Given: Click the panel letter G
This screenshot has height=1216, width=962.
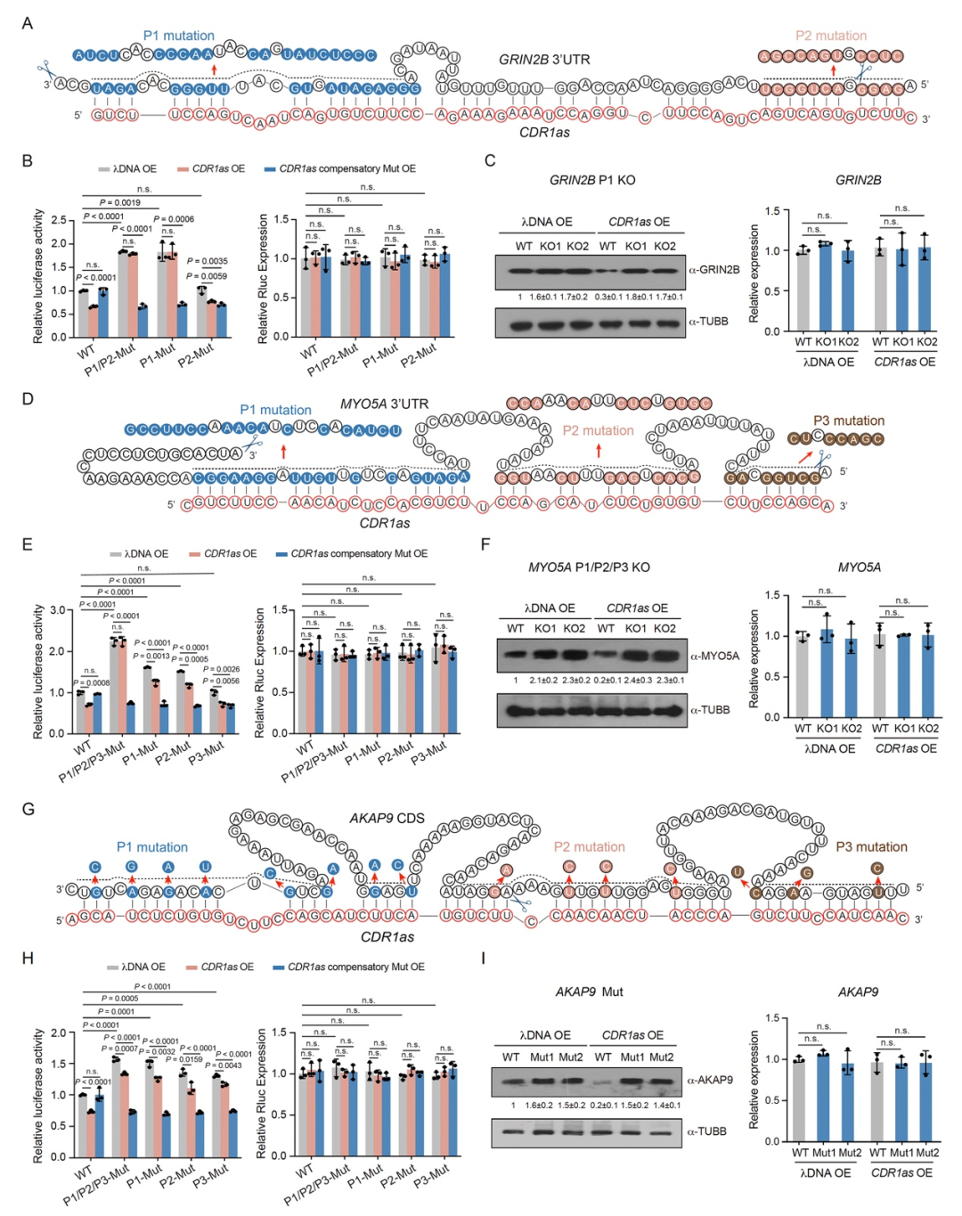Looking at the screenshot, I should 28,809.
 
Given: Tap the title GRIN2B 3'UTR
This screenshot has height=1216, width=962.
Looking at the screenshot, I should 543,60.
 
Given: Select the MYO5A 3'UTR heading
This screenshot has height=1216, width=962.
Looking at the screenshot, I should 384,404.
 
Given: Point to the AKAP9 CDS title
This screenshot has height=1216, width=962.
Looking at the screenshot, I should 387,818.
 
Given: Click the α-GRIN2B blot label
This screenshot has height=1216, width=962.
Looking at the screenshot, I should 713,269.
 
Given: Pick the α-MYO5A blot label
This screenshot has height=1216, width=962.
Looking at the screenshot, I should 714,656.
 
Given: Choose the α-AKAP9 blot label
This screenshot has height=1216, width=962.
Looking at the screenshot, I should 710,1080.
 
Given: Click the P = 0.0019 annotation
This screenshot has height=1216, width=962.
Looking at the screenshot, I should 119,202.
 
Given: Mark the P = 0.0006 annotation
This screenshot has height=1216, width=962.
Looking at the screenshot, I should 174,219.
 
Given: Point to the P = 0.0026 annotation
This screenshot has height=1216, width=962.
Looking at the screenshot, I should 221,669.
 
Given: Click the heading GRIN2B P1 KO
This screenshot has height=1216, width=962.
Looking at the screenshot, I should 592,180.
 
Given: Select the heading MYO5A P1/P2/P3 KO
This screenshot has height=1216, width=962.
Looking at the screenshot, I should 589,567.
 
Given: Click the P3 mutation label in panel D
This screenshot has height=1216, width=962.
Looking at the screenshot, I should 848,420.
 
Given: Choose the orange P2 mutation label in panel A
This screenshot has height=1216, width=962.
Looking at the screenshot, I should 830,36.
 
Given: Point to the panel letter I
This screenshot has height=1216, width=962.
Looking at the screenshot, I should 483,959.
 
